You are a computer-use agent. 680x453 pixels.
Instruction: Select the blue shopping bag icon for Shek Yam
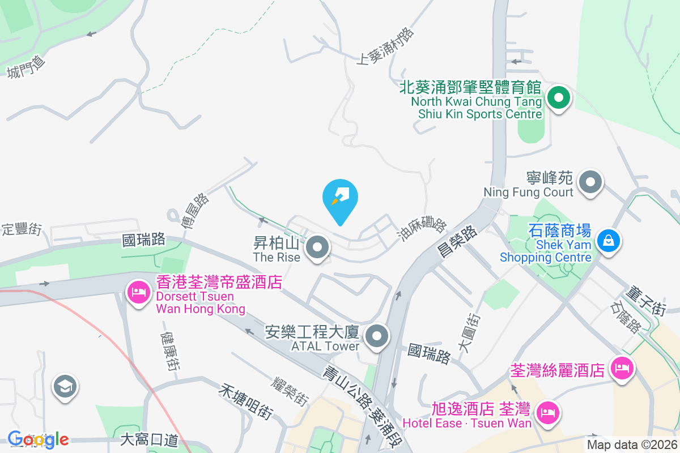click(x=608, y=241)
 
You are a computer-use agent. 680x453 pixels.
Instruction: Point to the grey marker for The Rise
click(x=318, y=247)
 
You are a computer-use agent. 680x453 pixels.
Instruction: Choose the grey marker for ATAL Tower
click(x=376, y=336)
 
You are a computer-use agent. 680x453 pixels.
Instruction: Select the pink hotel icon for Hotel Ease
click(x=547, y=412)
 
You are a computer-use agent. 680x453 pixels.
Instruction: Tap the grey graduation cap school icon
click(x=65, y=387)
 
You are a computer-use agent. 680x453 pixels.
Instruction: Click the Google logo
click(x=38, y=439)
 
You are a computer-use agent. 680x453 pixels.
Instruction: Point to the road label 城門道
click(x=25, y=69)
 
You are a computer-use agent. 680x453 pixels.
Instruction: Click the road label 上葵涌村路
click(x=385, y=46)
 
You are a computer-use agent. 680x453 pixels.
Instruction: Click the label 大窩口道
click(x=150, y=439)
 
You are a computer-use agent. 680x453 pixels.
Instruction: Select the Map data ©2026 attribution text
click(x=632, y=445)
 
